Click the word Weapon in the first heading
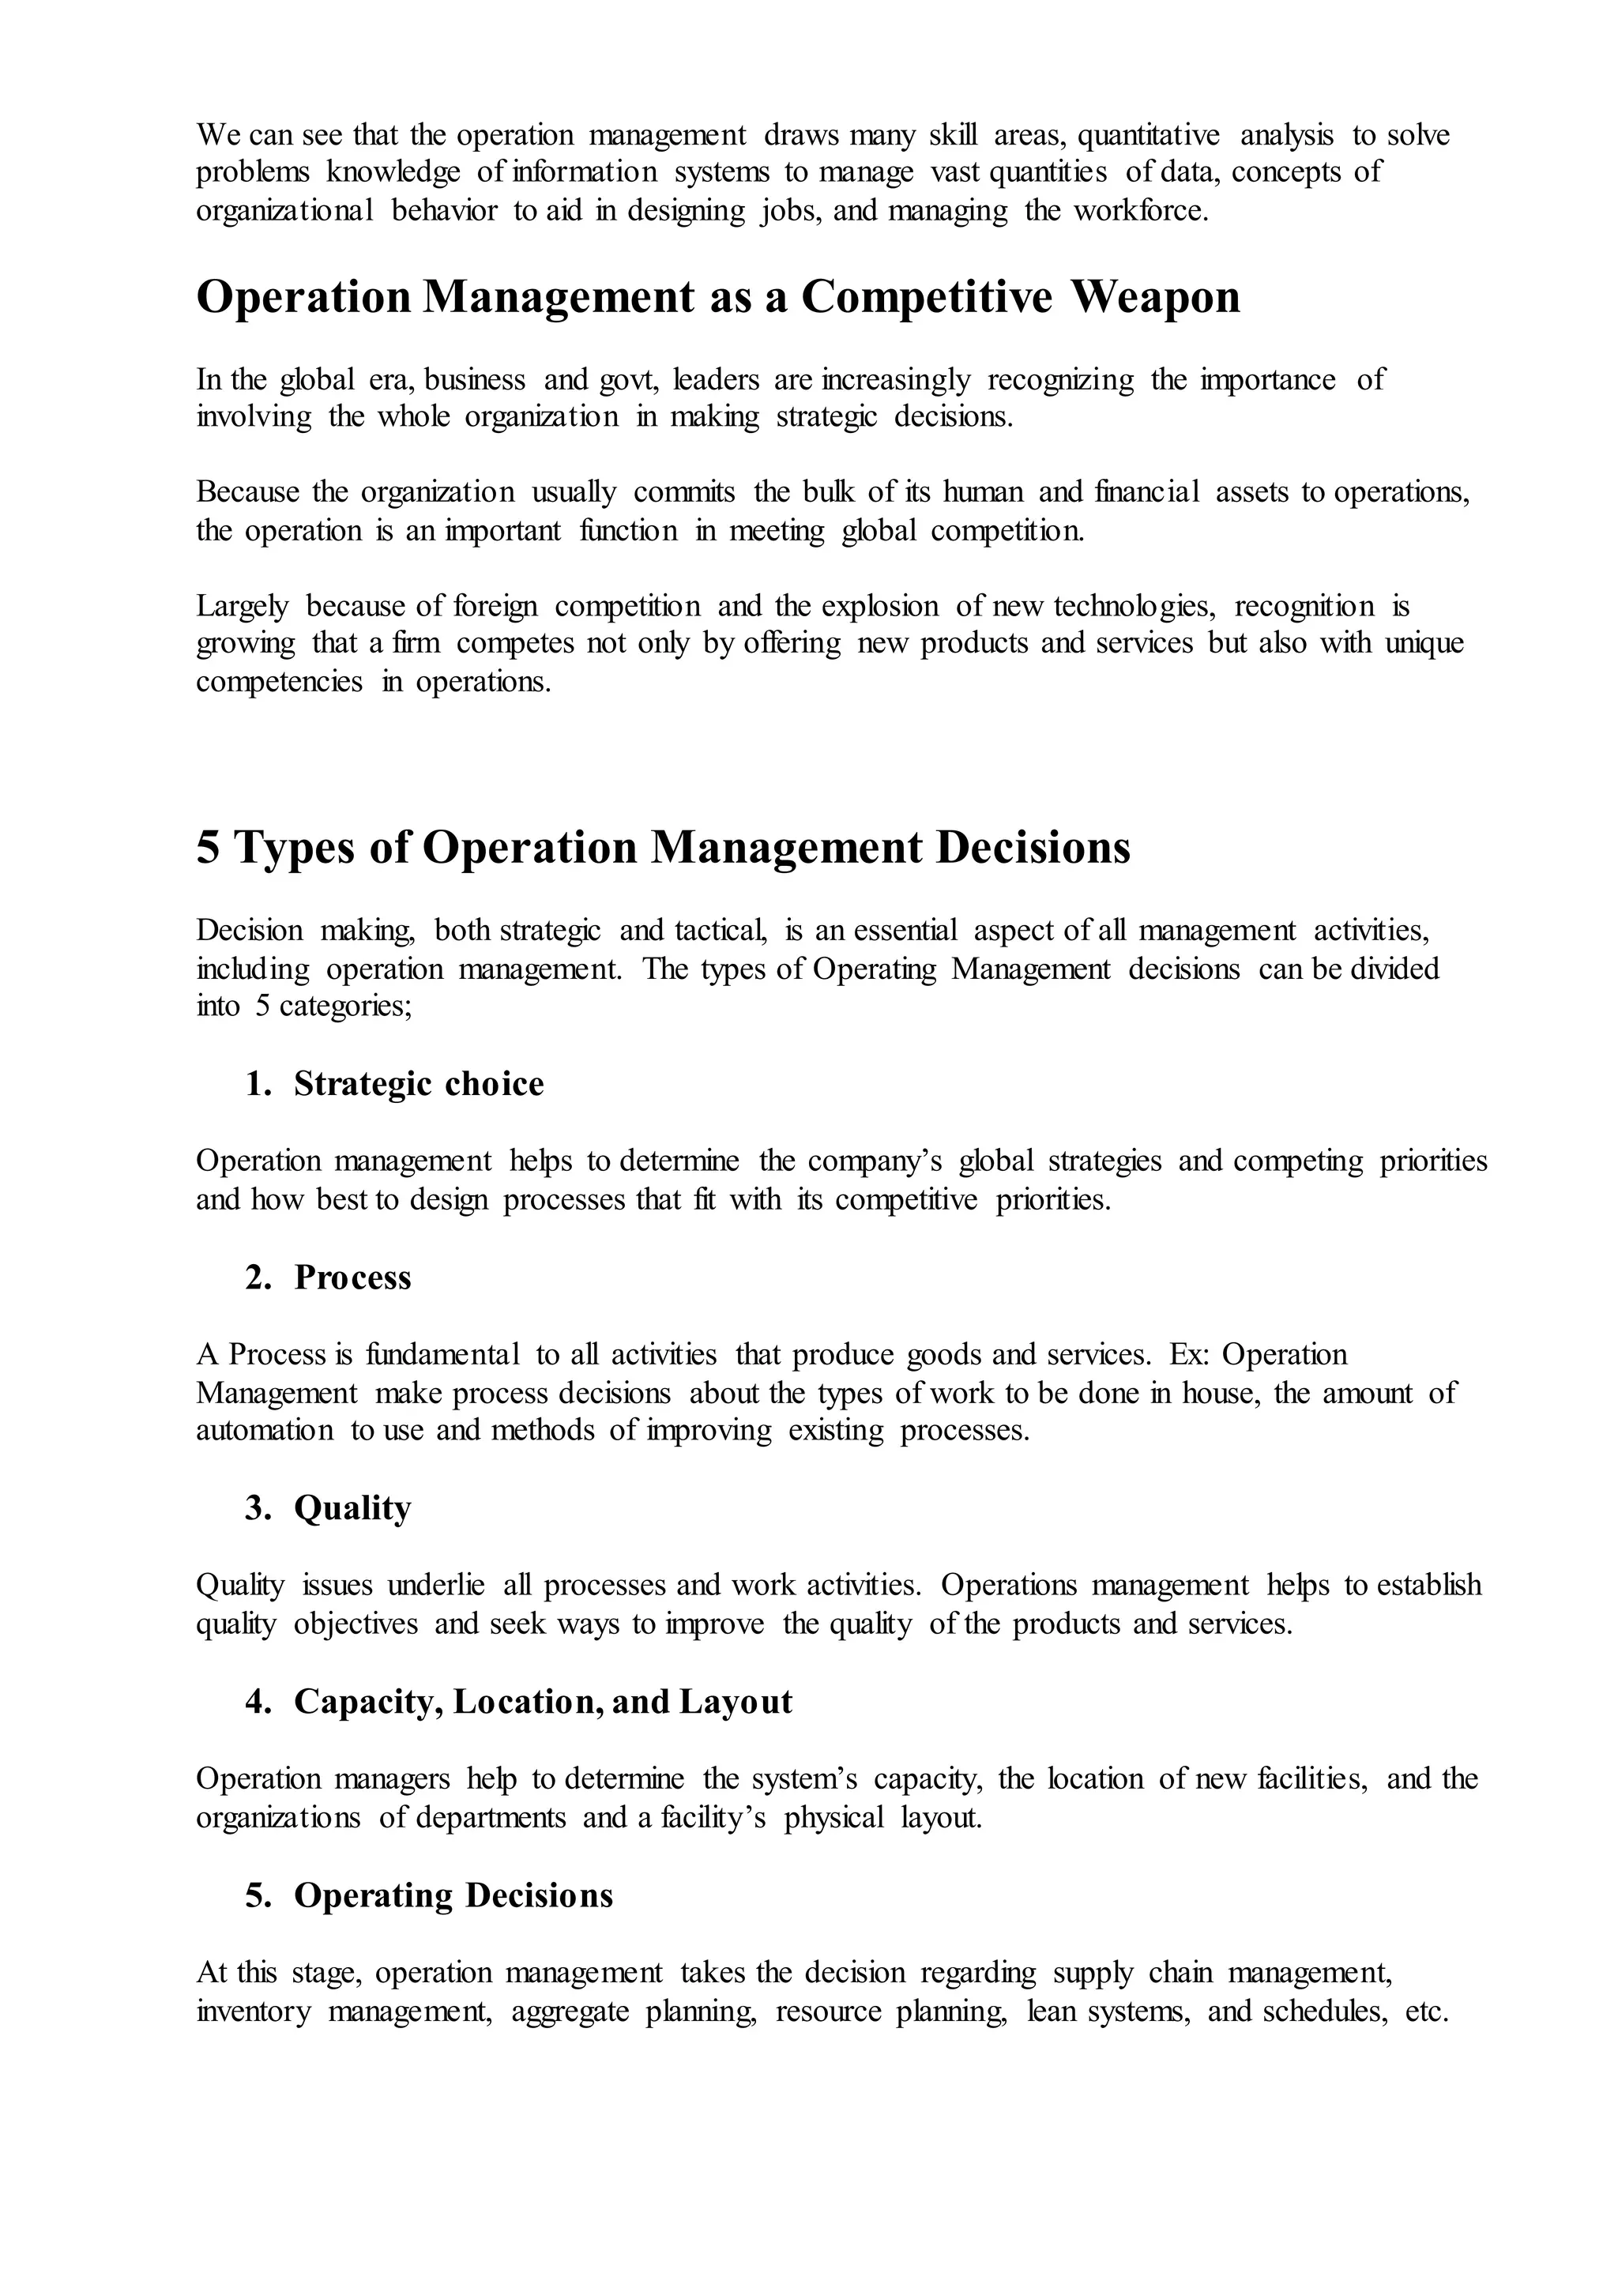(x=1155, y=297)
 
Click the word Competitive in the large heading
(x=926, y=297)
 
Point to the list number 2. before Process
(x=258, y=1278)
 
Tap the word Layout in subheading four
(x=736, y=1701)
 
